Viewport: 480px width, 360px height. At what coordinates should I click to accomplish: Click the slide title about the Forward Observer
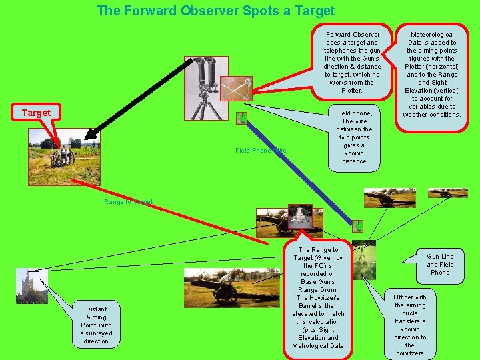click(x=215, y=11)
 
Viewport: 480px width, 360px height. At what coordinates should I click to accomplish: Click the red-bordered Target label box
click(x=36, y=113)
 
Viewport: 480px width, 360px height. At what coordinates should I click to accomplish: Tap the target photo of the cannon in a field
click(x=64, y=157)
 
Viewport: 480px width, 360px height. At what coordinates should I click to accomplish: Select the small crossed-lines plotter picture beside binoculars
click(x=237, y=87)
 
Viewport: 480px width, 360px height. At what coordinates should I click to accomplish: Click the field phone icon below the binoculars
click(x=241, y=119)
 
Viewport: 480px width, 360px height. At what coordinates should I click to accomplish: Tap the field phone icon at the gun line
click(x=357, y=226)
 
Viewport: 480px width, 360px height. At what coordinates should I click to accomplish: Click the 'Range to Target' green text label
click(x=129, y=201)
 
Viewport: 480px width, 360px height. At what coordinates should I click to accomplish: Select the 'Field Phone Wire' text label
click(x=261, y=151)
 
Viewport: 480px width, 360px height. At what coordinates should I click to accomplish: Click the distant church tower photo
click(x=31, y=286)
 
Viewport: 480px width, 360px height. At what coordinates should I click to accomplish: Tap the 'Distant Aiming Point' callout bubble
click(x=96, y=325)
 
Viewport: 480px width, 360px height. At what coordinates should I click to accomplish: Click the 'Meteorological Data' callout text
click(x=432, y=74)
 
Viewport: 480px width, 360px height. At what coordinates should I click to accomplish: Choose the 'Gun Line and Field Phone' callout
click(x=440, y=264)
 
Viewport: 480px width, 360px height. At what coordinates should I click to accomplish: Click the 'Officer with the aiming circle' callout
click(x=410, y=325)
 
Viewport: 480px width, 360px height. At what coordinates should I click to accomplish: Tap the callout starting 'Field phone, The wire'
click(x=354, y=137)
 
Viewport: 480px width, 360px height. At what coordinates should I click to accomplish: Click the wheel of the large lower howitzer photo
click(x=225, y=293)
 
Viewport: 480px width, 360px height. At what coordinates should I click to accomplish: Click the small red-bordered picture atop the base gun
click(x=300, y=217)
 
